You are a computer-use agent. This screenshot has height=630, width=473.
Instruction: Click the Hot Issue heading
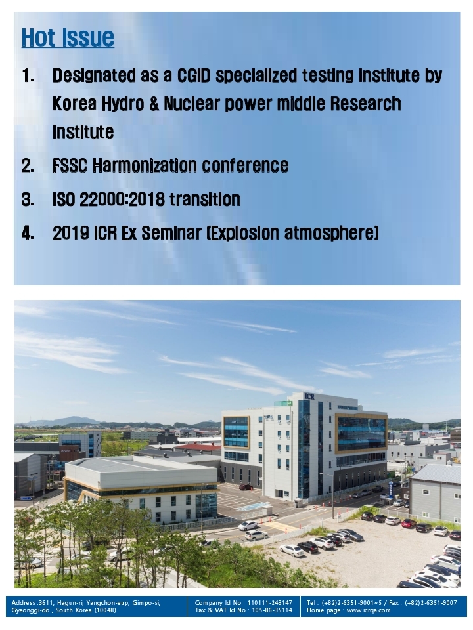pos(68,37)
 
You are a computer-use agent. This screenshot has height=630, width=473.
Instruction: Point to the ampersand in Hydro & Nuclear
pos(154,104)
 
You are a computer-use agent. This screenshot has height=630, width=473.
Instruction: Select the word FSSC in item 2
pos(70,165)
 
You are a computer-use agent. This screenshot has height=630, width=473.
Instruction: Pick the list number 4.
pos(28,233)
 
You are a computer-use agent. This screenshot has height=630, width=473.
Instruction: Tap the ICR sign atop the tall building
pos(309,396)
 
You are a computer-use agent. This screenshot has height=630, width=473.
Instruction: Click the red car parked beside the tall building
pos(246,487)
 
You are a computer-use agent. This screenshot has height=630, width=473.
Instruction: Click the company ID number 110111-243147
pos(270,602)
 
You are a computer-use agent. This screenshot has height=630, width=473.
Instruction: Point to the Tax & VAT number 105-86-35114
pos(272,610)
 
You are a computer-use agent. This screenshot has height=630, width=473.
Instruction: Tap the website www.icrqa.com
pos(369,610)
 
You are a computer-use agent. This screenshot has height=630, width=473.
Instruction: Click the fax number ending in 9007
pos(431,602)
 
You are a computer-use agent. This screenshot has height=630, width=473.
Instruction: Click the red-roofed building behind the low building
pos(197,447)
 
